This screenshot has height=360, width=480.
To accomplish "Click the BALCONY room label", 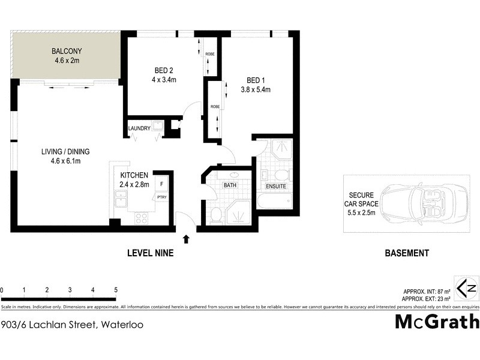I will [x=67, y=50].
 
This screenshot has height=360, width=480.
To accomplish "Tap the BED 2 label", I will [x=158, y=69].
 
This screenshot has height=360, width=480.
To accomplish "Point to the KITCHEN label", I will [x=134, y=175].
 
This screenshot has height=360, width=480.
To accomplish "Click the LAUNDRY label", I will [x=139, y=128].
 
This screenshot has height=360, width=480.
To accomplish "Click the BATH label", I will [x=230, y=185].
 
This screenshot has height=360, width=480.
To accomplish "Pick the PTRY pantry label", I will [x=162, y=197].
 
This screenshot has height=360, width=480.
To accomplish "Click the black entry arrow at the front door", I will [x=186, y=239].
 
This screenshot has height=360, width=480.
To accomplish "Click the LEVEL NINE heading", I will [x=150, y=253].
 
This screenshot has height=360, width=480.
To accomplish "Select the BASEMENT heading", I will [x=406, y=253].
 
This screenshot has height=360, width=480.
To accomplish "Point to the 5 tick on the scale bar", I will [x=115, y=290].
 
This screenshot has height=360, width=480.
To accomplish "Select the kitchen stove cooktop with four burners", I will [x=142, y=218].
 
